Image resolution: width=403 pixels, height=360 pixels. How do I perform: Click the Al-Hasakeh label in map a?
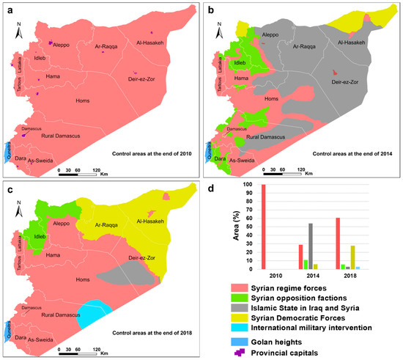click(155, 43)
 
